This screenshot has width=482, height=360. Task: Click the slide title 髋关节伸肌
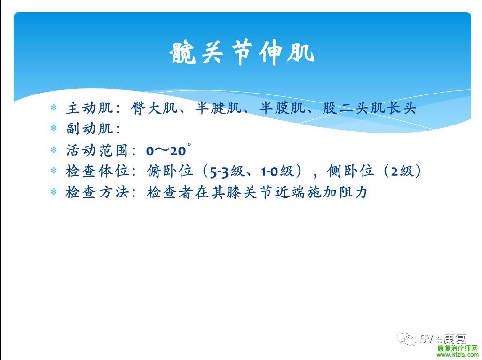[242, 52]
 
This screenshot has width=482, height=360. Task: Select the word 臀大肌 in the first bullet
[154, 108]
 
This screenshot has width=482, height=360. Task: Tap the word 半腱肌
[218, 108]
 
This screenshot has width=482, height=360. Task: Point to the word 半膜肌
[283, 108]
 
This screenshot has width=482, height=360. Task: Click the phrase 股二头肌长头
[370, 108]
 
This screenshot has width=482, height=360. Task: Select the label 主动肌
[89, 108]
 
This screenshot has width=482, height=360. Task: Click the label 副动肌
[89, 128]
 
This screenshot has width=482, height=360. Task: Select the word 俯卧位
[170, 171]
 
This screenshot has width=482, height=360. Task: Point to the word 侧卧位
[350, 171]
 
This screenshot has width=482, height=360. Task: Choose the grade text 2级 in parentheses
[402, 171]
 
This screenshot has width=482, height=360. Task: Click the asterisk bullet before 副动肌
[54, 128]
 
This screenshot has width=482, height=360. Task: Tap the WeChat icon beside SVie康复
[406, 338]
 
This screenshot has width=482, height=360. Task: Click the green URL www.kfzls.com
[458, 355]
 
